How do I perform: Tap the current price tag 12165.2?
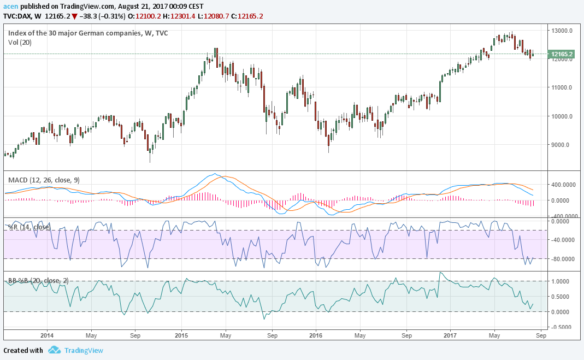tap(562, 54)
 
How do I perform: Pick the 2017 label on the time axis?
tap(450, 335)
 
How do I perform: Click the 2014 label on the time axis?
tap(47, 335)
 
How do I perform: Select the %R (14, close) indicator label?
tap(27, 227)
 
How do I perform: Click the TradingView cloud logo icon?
tap(54, 350)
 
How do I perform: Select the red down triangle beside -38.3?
tap(74, 16)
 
